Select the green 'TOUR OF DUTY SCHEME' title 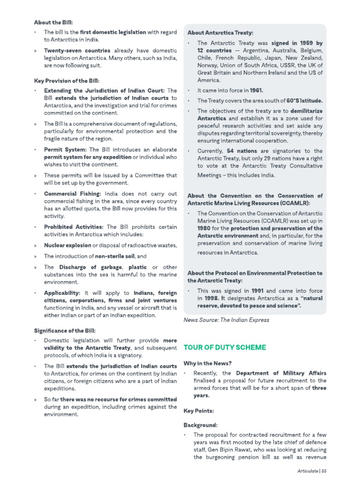click(225, 347)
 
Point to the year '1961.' click(256, 90)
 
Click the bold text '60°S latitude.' click(305, 100)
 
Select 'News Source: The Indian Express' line click(226, 320)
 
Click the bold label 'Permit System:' click(65, 149)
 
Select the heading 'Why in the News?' click(207, 363)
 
